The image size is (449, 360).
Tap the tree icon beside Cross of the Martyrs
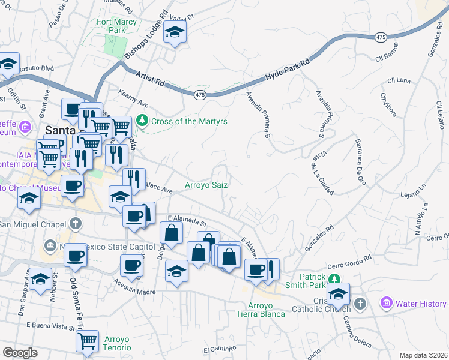(142, 121)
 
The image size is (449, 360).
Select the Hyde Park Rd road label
(289, 70)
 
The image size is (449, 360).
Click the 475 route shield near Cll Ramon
(381, 37)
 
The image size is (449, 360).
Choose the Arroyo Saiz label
(206, 185)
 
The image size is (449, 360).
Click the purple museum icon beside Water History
(386, 304)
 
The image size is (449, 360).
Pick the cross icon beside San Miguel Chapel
(74, 224)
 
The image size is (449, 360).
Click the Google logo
(20, 352)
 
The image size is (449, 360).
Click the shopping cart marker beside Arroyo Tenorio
(88, 341)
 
